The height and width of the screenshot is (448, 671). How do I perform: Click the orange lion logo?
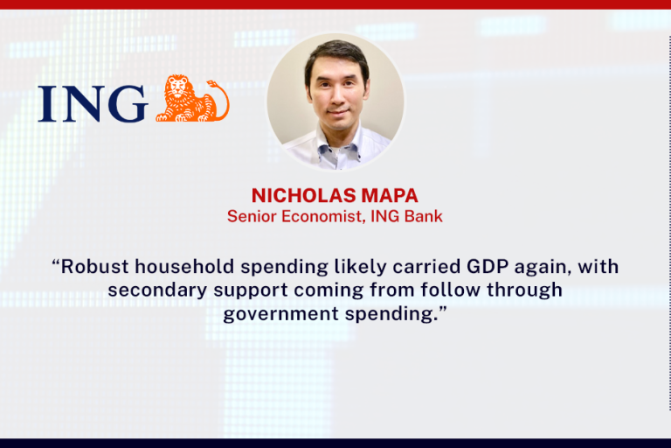point(192,98)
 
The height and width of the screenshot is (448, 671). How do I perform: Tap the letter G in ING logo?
point(128,103)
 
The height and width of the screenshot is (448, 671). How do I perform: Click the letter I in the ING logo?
point(47,104)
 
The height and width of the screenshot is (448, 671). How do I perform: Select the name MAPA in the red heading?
point(390,195)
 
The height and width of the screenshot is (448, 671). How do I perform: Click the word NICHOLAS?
point(304,195)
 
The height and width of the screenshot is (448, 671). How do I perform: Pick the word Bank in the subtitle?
point(424,216)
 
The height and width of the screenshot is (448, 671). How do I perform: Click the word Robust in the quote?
point(94,266)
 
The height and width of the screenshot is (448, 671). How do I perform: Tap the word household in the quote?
point(184,266)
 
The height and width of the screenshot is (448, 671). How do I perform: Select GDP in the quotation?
point(488,266)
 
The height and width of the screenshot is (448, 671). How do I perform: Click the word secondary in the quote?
point(157,290)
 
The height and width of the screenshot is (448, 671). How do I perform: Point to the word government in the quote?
point(281,314)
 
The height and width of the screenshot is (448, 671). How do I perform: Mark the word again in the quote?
point(543,268)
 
